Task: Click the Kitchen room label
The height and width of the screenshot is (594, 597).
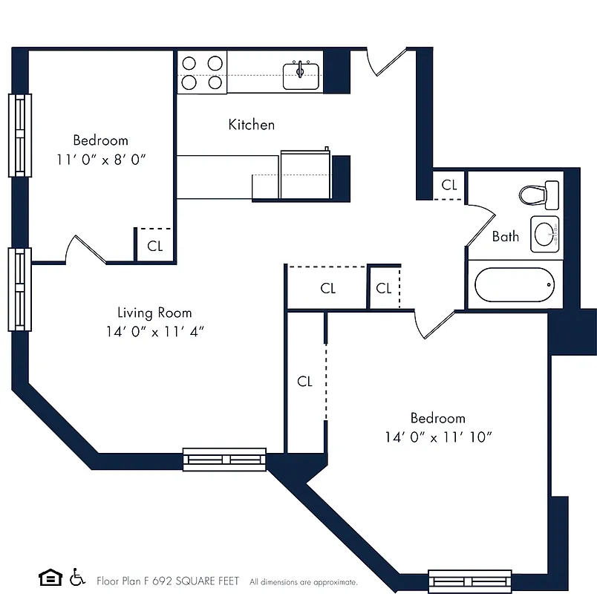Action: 251,125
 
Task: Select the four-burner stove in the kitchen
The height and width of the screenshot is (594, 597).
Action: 202,73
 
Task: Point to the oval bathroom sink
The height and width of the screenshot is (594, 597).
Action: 546,235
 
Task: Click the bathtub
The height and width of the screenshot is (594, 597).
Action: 515,285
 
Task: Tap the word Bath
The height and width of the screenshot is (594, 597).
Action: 506,237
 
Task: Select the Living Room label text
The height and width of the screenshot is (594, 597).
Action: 154,313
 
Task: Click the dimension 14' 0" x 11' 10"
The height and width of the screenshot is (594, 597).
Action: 438,437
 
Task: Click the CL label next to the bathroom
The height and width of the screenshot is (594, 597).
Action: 449,186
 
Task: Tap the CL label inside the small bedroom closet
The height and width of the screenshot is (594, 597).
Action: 154,247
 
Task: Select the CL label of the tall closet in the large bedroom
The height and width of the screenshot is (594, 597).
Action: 304,381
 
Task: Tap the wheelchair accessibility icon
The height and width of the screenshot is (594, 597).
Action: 76,578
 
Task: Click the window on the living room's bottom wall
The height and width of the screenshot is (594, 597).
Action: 224,459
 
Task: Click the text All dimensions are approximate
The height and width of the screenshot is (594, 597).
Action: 303,582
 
